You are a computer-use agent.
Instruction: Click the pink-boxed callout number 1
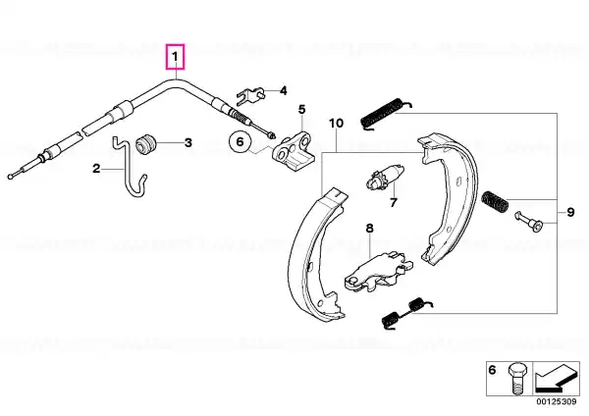pyautogui.click(x=176, y=57)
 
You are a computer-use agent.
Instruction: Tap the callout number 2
pyautogui.click(x=96, y=169)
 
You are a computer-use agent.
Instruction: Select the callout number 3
pyautogui.click(x=188, y=142)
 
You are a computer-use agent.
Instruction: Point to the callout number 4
pyautogui.click(x=284, y=91)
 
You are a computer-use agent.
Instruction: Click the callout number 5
pyautogui.click(x=302, y=110)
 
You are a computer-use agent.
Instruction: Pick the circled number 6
pyautogui.click(x=241, y=141)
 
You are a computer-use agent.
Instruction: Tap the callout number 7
pyautogui.click(x=394, y=203)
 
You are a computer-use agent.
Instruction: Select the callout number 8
pyautogui.click(x=370, y=229)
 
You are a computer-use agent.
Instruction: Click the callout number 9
pyautogui.click(x=570, y=213)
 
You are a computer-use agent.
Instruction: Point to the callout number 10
pyautogui.click(x=336, y=124)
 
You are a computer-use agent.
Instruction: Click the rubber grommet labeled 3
pyautogui.click(x=144, y=144)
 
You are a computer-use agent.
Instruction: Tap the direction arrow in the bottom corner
pyautogui.click(x=556, y=379)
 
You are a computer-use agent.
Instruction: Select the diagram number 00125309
pyautogui.click(x=557, y=401)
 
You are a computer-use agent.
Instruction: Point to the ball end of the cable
pyautogui.click(x=10, y=176)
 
